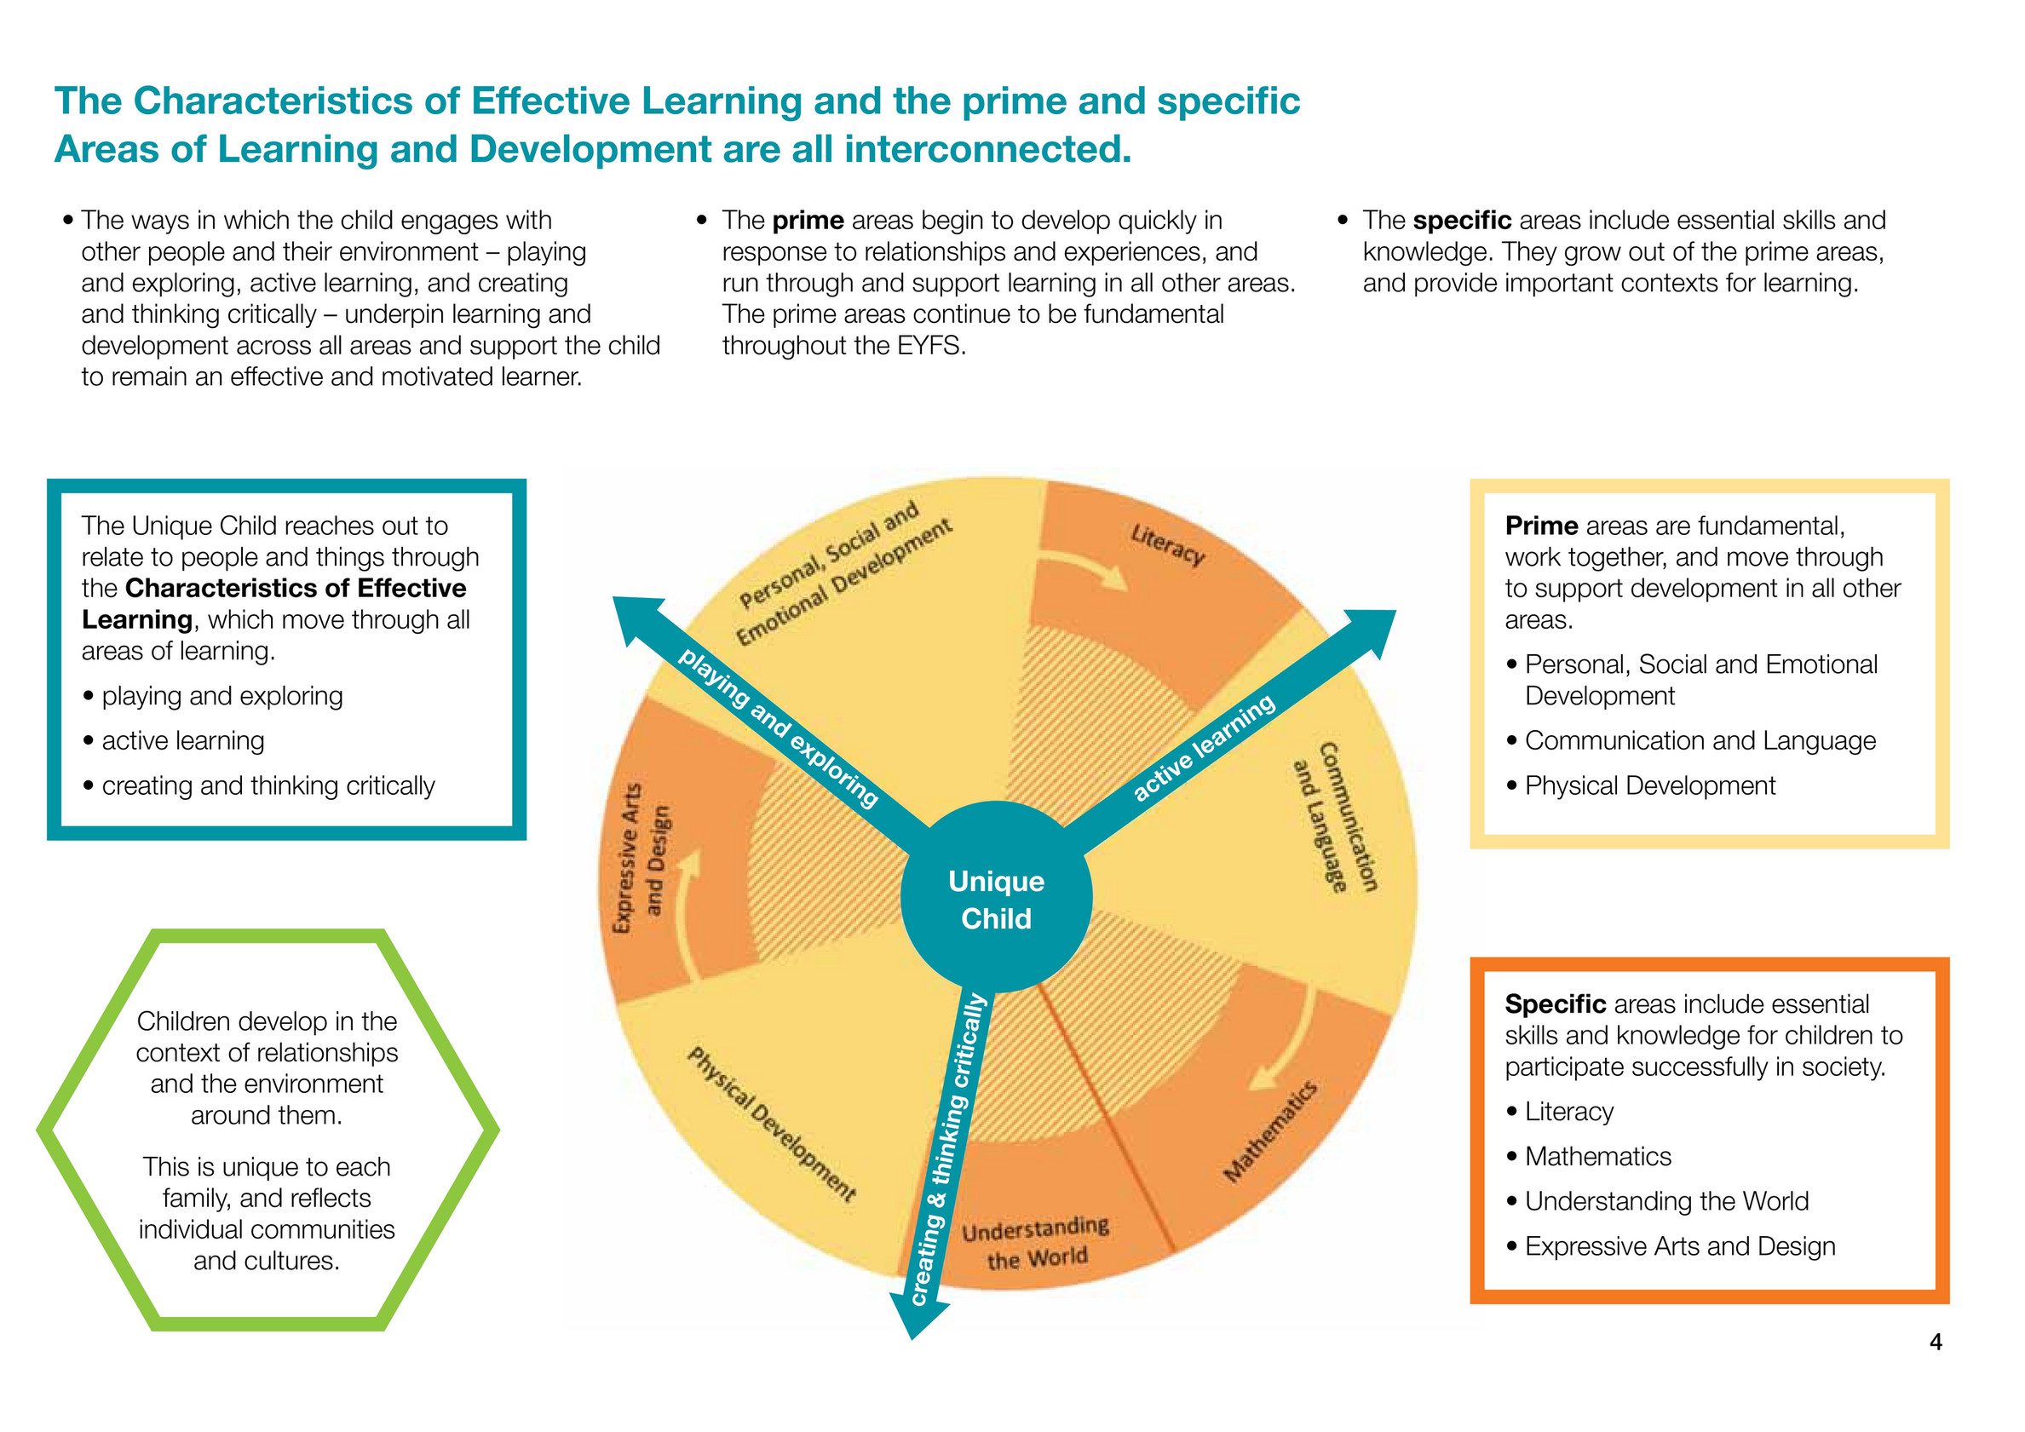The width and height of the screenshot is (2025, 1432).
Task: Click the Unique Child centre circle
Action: click(x=996, y=899)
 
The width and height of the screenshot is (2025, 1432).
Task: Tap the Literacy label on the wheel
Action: click(x=1167, y=544)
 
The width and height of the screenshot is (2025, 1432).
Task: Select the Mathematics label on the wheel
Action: click(x=1270, y=1131)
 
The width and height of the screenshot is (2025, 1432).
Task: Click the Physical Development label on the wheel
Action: click(x=772, y=1124)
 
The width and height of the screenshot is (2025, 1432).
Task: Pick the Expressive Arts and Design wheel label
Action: click(x=641, y=859)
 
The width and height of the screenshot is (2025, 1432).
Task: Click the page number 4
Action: click(x=1935, y=1342)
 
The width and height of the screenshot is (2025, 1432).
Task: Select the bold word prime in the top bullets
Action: click(x=808, y=221)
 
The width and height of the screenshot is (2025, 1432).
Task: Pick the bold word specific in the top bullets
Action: click(x=1461, y=221)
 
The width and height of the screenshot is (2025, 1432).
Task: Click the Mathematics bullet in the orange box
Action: click(x=1597, y=1156)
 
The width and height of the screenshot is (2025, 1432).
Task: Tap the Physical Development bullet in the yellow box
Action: click(x=1649, y=785)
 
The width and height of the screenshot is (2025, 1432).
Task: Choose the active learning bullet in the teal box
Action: click(x=182, y=740)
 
